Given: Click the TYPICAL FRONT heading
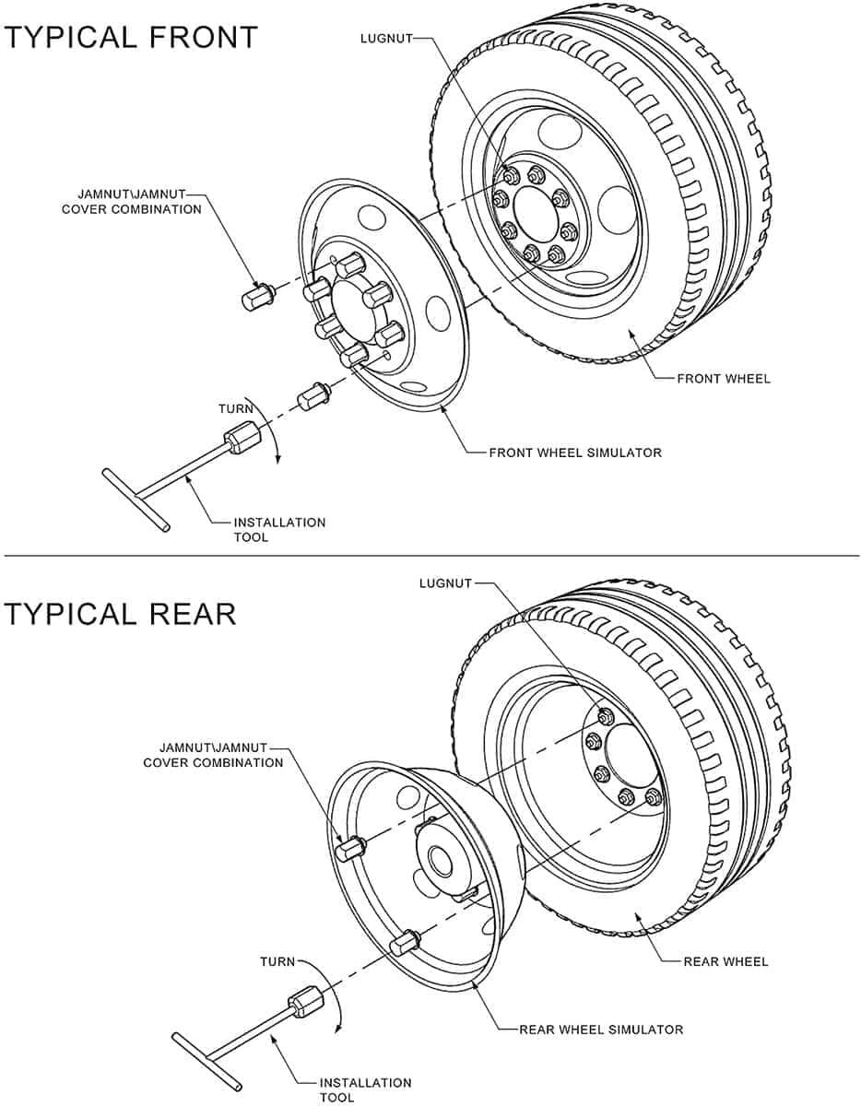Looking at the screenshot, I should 131,38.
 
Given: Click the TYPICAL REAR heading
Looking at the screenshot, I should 120,614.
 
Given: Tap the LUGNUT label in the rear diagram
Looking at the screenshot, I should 445,583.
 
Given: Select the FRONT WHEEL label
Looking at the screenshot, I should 724,379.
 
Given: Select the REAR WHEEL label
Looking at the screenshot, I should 725,961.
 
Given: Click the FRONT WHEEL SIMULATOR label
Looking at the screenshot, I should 575,453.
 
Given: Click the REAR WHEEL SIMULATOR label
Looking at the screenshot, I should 601,1030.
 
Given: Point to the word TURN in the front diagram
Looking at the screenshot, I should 236,408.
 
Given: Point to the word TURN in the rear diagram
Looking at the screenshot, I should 277,961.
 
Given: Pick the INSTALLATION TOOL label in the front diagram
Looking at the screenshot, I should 278,529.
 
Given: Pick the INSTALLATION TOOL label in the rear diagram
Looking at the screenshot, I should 365,1089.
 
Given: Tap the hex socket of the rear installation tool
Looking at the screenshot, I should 306,1003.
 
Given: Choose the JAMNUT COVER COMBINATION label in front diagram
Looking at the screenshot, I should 131,202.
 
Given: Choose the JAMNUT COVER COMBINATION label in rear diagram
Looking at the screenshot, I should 213,755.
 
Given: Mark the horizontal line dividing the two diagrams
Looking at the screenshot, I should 430,556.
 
